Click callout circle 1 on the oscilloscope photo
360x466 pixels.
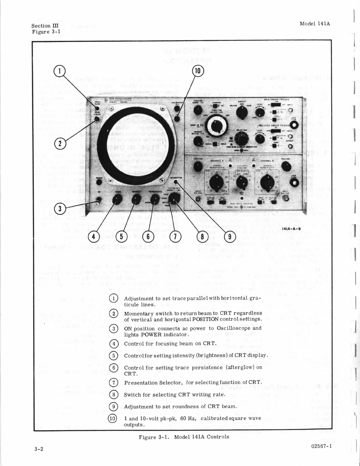point(59,71)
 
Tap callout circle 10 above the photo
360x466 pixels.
point(198,71)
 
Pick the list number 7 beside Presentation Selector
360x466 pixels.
point(114,383)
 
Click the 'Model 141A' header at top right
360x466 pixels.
point(315,24)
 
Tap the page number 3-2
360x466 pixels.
point(39,449)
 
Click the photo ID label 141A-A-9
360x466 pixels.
point(291,229)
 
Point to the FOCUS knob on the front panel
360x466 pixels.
point(117,200)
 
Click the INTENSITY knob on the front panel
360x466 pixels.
point(136,200)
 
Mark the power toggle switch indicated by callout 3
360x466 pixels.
point(98,200)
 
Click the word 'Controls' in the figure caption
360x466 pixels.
point(218,437)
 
